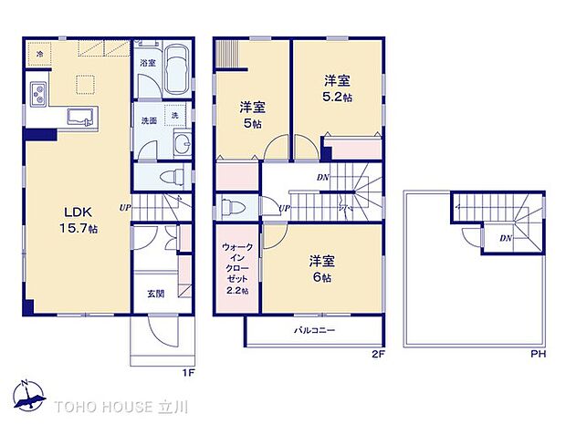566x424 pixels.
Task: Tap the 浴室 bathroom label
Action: [146, 64]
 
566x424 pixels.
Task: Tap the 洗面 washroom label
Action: [146, 119]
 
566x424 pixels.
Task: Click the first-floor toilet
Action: [168, 176]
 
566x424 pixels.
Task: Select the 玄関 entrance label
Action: [156, 294]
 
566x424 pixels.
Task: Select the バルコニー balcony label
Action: [311, 329]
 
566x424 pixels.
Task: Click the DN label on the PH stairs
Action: [505, 239]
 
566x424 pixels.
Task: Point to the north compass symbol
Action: [33, 394]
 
